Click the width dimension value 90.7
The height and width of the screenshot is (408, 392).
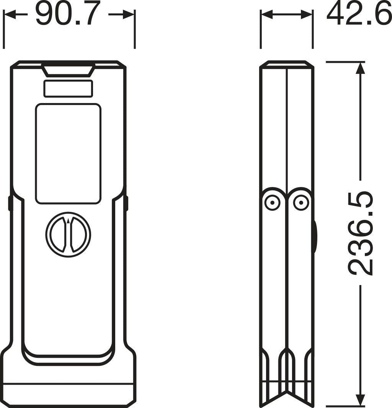(68, 14)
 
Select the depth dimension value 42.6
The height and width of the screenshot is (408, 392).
(359, 14)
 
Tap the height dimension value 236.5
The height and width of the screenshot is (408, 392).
(360, 233)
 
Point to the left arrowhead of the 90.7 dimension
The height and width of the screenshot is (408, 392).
(9, 15)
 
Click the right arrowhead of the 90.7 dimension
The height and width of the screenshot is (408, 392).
(129, 15)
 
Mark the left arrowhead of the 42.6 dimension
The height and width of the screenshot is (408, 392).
(266, 15)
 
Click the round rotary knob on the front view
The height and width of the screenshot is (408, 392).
(68, 234)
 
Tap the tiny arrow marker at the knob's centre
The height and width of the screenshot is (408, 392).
(68, 221)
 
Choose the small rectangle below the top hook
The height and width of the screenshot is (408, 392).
(68, 88)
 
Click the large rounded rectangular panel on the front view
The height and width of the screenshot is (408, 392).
(68, 153)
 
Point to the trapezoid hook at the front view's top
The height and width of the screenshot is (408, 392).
(68, 70)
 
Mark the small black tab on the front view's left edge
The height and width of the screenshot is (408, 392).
(10, 203)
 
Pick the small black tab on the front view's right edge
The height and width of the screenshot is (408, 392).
(126, 203)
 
